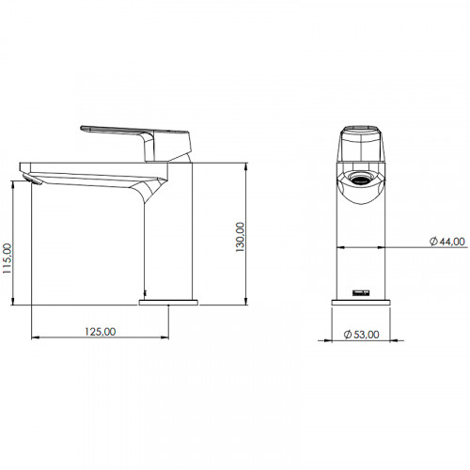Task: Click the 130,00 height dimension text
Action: click(x=240, y=237)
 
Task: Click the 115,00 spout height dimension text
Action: click(x=8, y=258)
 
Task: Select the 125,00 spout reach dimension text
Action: click(x=101, y=331)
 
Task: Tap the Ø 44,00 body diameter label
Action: click(x=447, y=242)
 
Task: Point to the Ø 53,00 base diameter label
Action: click(x=362, y=335)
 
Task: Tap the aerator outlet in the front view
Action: click(x=361, y=180)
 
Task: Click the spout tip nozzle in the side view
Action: click(x=32, y=180)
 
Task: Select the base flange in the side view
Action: click(x=168, y=303)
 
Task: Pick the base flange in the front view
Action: click(x=361, y=303)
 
